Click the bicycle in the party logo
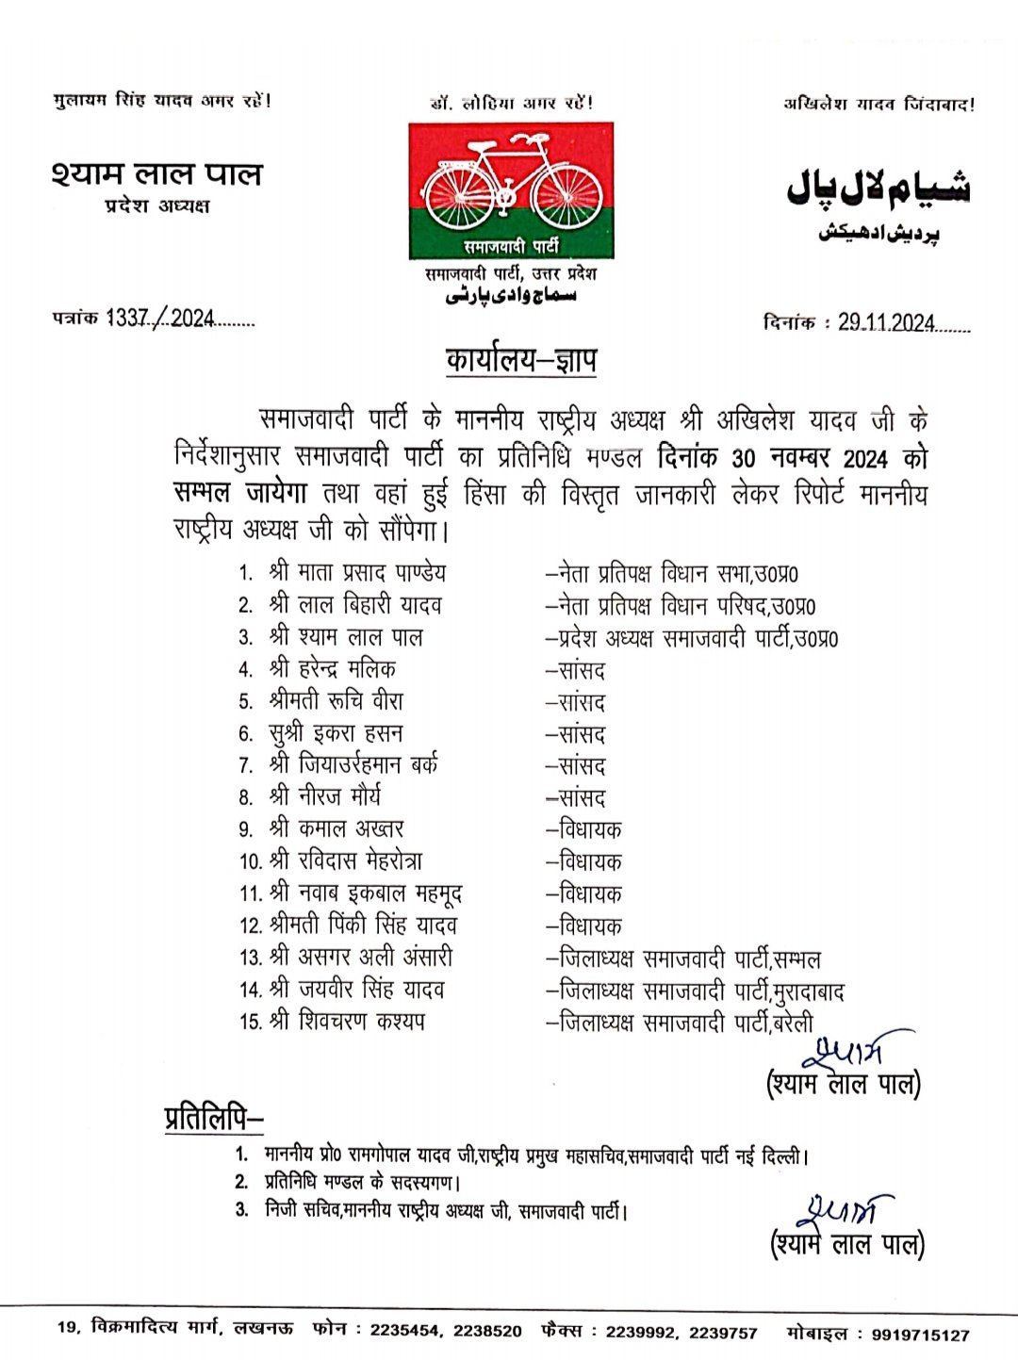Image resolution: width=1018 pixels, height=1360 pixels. [511, 183]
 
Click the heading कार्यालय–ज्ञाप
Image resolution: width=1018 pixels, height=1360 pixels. [521, 360]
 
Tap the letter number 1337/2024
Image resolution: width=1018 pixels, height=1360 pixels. [160, 319]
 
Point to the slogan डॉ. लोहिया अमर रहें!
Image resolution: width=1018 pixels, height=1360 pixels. [512, 103]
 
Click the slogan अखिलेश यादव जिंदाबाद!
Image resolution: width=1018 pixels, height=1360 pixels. [878, 104]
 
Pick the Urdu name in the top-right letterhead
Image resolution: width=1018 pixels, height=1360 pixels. [878, 188]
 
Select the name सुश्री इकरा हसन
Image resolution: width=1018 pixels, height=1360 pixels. [336, 733]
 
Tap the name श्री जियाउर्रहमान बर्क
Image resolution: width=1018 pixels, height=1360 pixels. [353, 764]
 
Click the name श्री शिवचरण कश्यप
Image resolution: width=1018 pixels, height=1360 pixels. [347, 1021]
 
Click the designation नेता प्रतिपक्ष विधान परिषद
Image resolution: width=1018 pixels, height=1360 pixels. [681, 605]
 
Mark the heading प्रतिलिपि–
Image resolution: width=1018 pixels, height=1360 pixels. [214, 1118]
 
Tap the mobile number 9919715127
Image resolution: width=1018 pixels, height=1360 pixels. [920, 1335]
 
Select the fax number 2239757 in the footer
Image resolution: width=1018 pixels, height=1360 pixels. [723, 1333]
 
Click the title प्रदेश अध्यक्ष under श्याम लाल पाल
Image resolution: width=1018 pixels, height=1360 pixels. [157, 205]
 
